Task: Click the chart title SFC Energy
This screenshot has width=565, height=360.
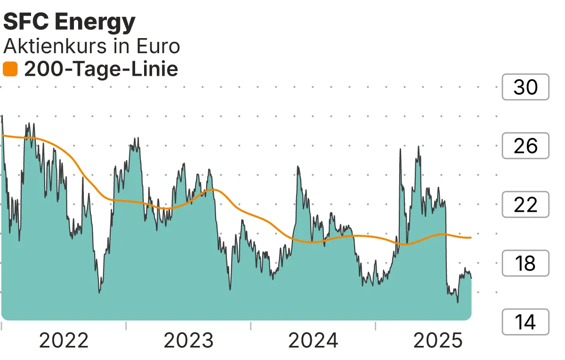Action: (69, 22)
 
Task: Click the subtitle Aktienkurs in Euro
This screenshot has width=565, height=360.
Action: (91, 46)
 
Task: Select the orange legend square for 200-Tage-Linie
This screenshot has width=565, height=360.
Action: (10, 69)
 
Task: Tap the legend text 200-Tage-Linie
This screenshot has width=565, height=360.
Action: (101, 69)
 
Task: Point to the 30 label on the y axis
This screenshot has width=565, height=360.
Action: (525, 87)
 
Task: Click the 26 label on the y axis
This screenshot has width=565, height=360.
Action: (525, 146)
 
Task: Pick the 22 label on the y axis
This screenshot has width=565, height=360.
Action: (525, 205)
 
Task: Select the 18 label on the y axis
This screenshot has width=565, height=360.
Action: (525, 264)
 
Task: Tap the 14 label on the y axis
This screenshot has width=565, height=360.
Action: (525, 322)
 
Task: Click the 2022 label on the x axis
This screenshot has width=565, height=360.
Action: (64, 340)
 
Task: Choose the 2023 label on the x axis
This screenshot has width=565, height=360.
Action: (188, 340)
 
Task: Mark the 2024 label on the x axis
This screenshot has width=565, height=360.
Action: (313, 340)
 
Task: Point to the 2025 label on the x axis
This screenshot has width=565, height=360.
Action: (438, 340)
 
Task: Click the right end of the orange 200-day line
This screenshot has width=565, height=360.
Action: (471, 238)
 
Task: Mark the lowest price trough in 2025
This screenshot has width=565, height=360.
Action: (458, 302)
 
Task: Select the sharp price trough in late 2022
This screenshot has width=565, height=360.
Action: (99, 293)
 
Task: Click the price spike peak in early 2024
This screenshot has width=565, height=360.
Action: (298, 167)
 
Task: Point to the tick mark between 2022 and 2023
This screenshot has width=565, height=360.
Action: (126, 326)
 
